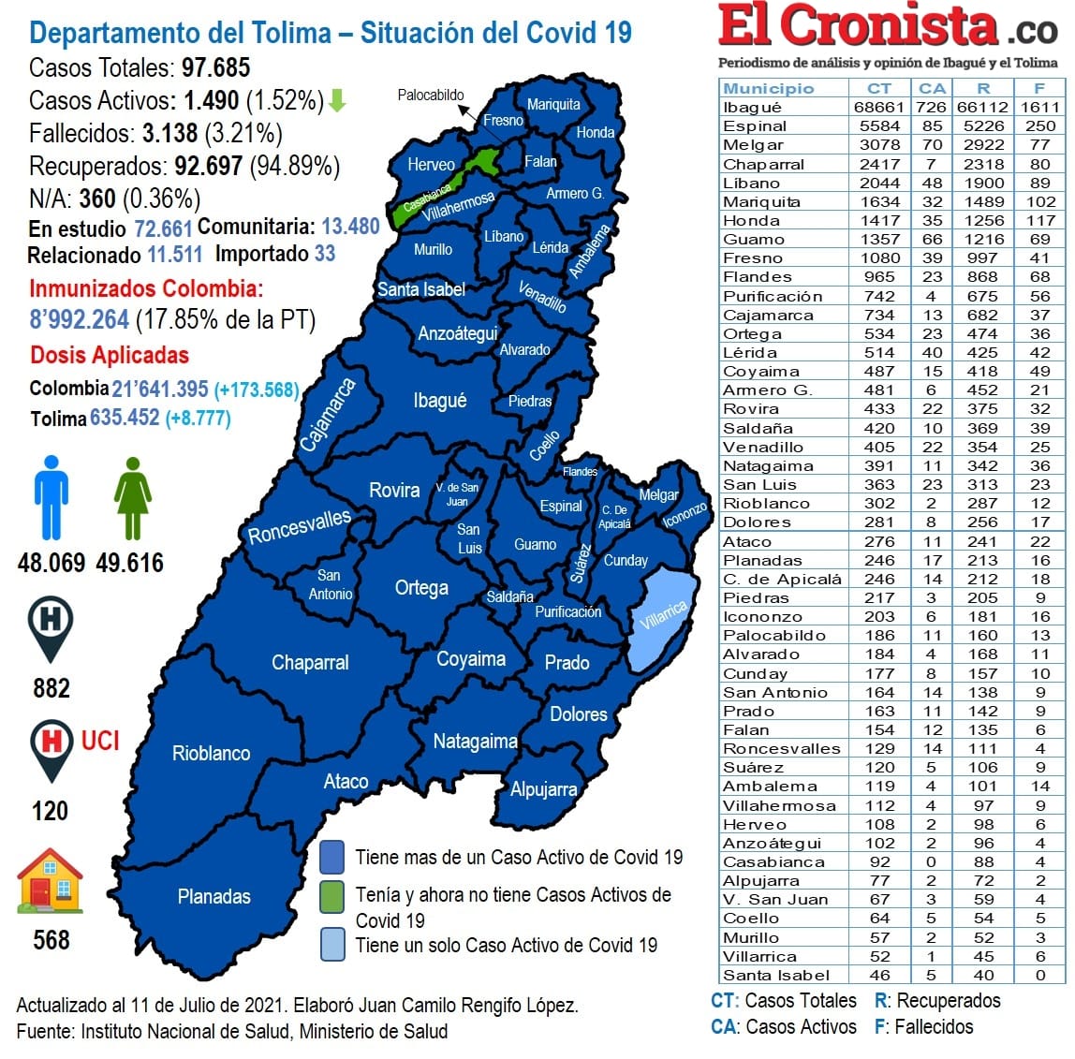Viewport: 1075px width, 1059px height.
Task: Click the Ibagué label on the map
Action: point(439,401)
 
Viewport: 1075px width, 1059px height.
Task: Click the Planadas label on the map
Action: point(214,896)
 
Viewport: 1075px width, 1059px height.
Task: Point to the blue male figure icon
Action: point(51,497)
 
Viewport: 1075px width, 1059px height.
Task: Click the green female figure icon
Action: point(132,497)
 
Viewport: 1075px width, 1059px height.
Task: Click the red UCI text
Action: point(100,741)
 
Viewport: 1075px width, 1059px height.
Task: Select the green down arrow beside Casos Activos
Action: point(337,100)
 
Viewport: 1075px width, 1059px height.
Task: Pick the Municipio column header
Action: point(768,88)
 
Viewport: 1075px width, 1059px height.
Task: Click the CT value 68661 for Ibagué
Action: point(878,107)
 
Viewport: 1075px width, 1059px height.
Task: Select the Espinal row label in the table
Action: point(754,125)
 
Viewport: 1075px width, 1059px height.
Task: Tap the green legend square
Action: point(331,896)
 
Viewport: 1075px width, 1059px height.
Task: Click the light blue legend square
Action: point(331,944)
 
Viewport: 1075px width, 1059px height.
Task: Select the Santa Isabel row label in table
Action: point(775,975)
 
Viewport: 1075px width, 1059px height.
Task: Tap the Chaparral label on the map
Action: point(310,663)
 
